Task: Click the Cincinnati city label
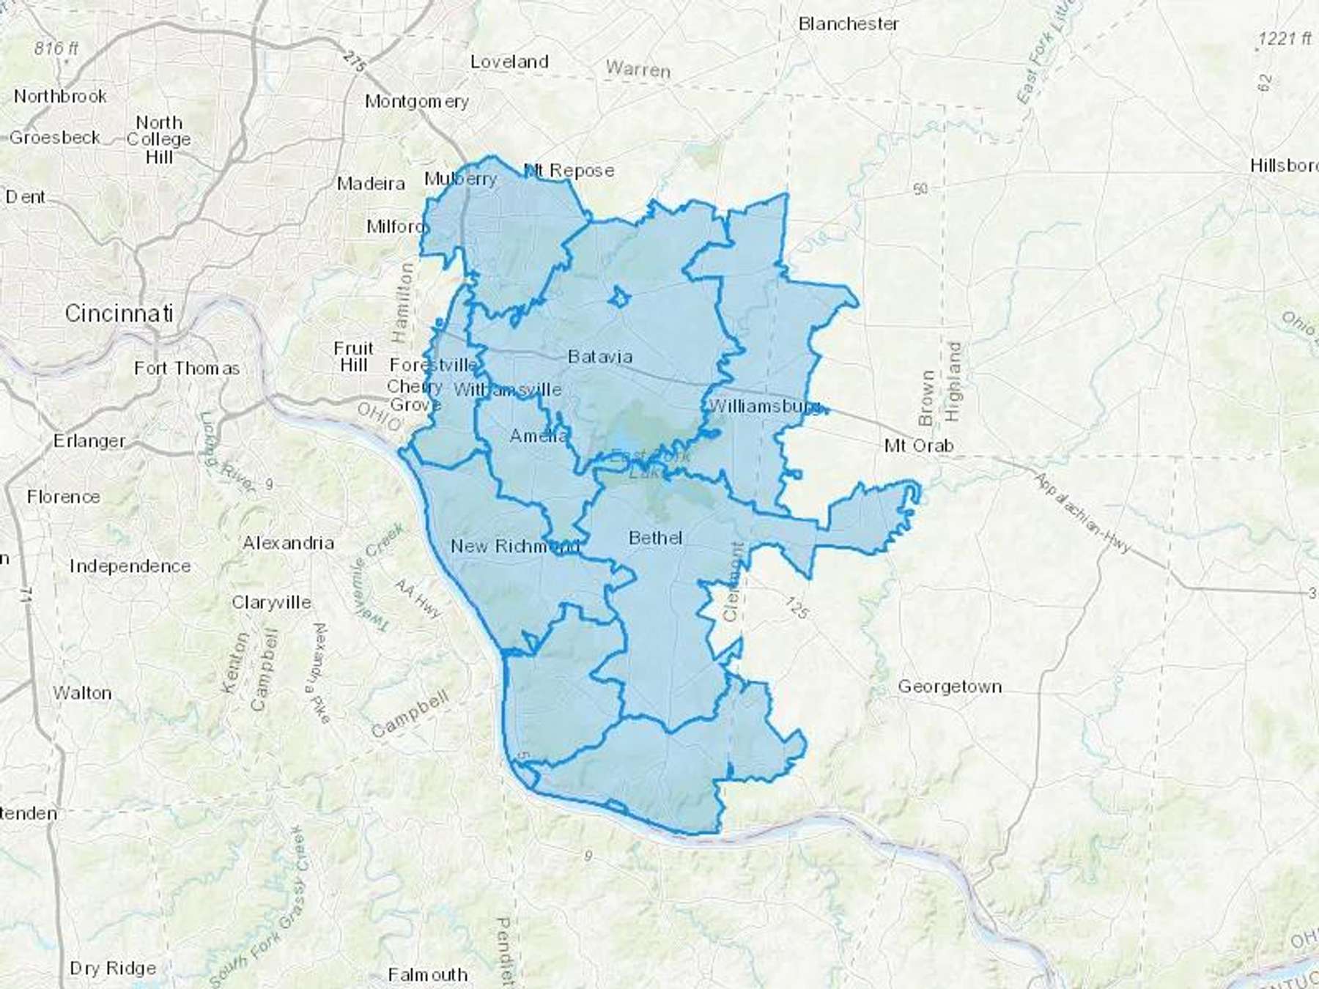[x=119, y=314]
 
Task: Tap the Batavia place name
[x=600, y=357]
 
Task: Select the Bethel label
[x=656, y=538]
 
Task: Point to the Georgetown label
[x=950, y=686]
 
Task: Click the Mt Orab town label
[x=919, y=445]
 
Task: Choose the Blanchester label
[x=848, y=24]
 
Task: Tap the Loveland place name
[x=509, y=62]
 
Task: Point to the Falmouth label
[x=428, y=974]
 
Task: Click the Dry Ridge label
[x=113, y=968]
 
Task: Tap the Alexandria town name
[x=288, y=543]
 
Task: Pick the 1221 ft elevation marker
[x=1284, y=39]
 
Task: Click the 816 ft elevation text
[x=56, y=48]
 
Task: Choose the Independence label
[x=130, y=566]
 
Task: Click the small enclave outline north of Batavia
[x=620, y=297]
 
